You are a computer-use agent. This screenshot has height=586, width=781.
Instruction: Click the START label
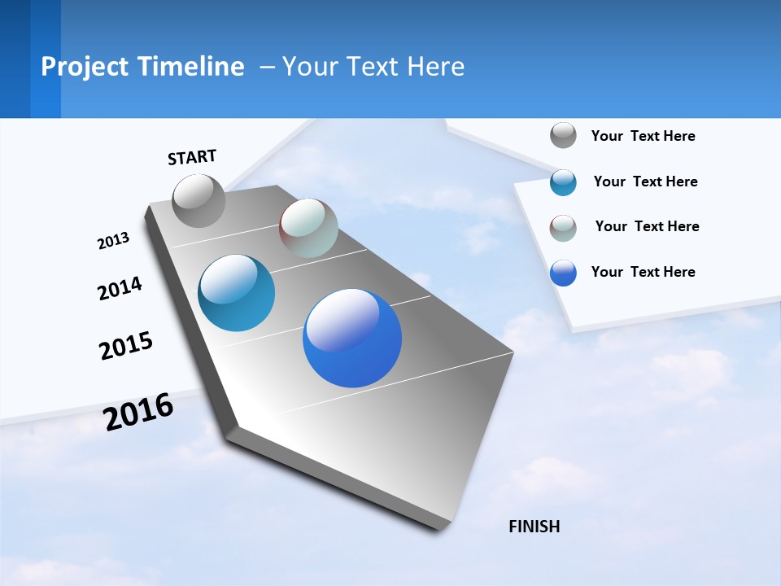pos(192,157)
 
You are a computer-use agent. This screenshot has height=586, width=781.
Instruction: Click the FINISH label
pos(534,527)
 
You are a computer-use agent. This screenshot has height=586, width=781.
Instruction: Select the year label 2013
pos(113,240)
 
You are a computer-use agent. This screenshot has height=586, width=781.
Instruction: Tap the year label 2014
pos(120,288)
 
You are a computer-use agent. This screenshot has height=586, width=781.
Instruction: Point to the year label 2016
pos(138,411)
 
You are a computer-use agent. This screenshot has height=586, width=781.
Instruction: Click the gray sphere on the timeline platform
pos(199,201)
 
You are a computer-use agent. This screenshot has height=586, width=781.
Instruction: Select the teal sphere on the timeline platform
pos(237,293)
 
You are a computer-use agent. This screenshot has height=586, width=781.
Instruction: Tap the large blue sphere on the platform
pos(352,338)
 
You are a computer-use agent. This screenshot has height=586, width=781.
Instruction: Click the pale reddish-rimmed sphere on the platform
pos(308,228)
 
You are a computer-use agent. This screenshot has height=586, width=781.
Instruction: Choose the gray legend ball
pos(563,135)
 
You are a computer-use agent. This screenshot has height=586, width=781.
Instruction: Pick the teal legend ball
pos(563,182)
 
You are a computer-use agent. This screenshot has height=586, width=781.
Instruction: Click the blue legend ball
pos(563,273)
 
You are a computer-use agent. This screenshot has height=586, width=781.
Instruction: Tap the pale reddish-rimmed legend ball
pos(563,228)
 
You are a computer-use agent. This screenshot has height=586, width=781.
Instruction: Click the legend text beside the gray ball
pos(643,136)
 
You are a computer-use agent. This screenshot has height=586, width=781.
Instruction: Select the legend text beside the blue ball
pos(643,272)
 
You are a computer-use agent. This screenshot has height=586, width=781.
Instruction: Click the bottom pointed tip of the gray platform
pos(441,528)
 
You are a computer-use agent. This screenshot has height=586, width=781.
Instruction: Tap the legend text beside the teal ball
pos(645,181)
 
